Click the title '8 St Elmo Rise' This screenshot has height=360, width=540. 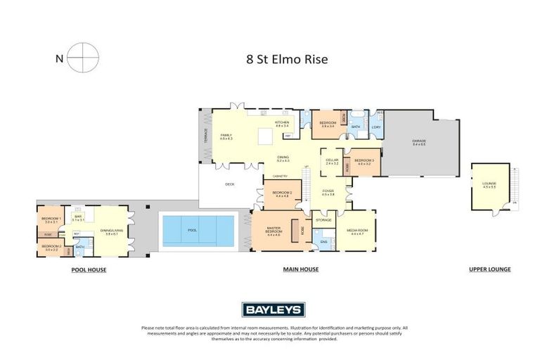[x=288, y=60]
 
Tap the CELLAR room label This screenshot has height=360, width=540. [x=332, y=161]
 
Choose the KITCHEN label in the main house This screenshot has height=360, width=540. [x=282, y=122]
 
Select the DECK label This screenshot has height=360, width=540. [x=229, y=185]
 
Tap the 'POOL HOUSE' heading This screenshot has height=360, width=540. [x=89, y=269]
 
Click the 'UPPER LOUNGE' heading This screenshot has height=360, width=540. [x=489, y=269]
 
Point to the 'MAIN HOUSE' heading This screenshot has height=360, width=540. [x=301, y=269]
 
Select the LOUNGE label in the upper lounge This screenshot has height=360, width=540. [x=489, y=184]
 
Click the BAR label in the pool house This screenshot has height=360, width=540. [x=77, y=217]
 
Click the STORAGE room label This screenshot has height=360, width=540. [x=323, y=221]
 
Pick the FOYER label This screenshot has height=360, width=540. [x=328, y=191]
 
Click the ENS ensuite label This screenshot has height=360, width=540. [x=324, y=242]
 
